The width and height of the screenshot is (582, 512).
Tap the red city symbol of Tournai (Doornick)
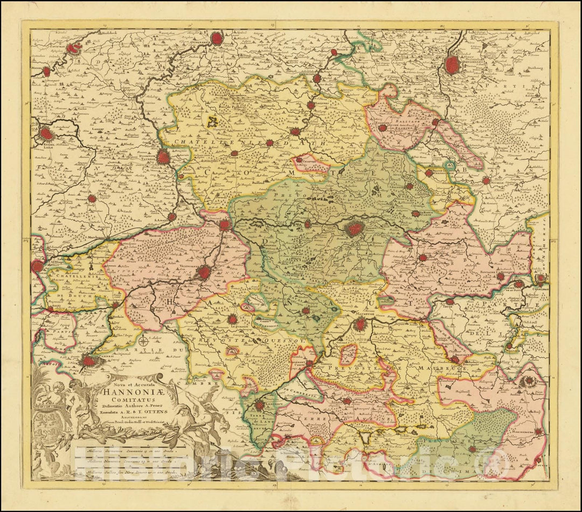coord(163,157)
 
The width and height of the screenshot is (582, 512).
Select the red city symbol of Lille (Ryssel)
coord(47,133)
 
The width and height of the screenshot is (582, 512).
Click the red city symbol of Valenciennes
coord(204,272)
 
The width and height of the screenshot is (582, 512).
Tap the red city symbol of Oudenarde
coord(217,38)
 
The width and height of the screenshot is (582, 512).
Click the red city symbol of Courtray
coord(72,49)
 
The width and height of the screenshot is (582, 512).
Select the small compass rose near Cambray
coord(143,341)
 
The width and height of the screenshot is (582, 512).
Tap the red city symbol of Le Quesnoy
coord(232,319)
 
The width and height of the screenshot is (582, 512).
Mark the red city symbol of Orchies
coord(92,198)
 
